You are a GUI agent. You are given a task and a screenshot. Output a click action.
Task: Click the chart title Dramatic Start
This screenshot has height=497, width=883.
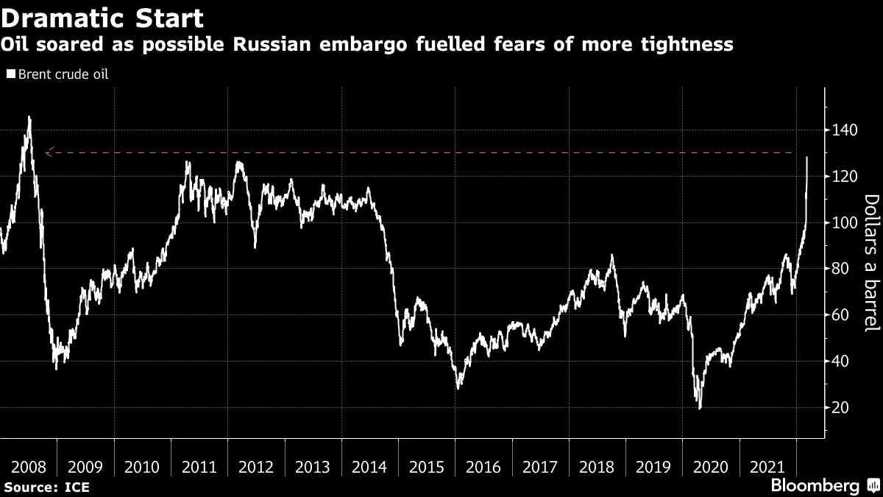[102, 17]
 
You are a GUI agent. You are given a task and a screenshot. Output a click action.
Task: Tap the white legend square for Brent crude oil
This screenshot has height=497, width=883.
[10, 74]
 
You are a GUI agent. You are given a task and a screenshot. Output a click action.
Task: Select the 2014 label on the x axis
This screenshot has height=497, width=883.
[369, 467]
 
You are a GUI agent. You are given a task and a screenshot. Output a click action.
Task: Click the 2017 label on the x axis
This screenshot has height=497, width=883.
[540, 467]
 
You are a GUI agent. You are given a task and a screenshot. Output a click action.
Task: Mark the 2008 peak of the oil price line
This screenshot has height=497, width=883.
[29, 117]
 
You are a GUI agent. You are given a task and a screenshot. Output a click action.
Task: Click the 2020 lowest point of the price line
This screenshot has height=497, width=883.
[699, 408]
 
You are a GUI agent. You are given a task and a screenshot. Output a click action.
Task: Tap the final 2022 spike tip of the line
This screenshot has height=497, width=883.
[807, 157]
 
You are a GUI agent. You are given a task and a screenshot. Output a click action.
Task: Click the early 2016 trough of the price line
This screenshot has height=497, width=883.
[458, 387]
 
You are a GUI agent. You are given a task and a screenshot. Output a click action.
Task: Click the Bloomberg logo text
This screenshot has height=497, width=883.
[815, 485]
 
